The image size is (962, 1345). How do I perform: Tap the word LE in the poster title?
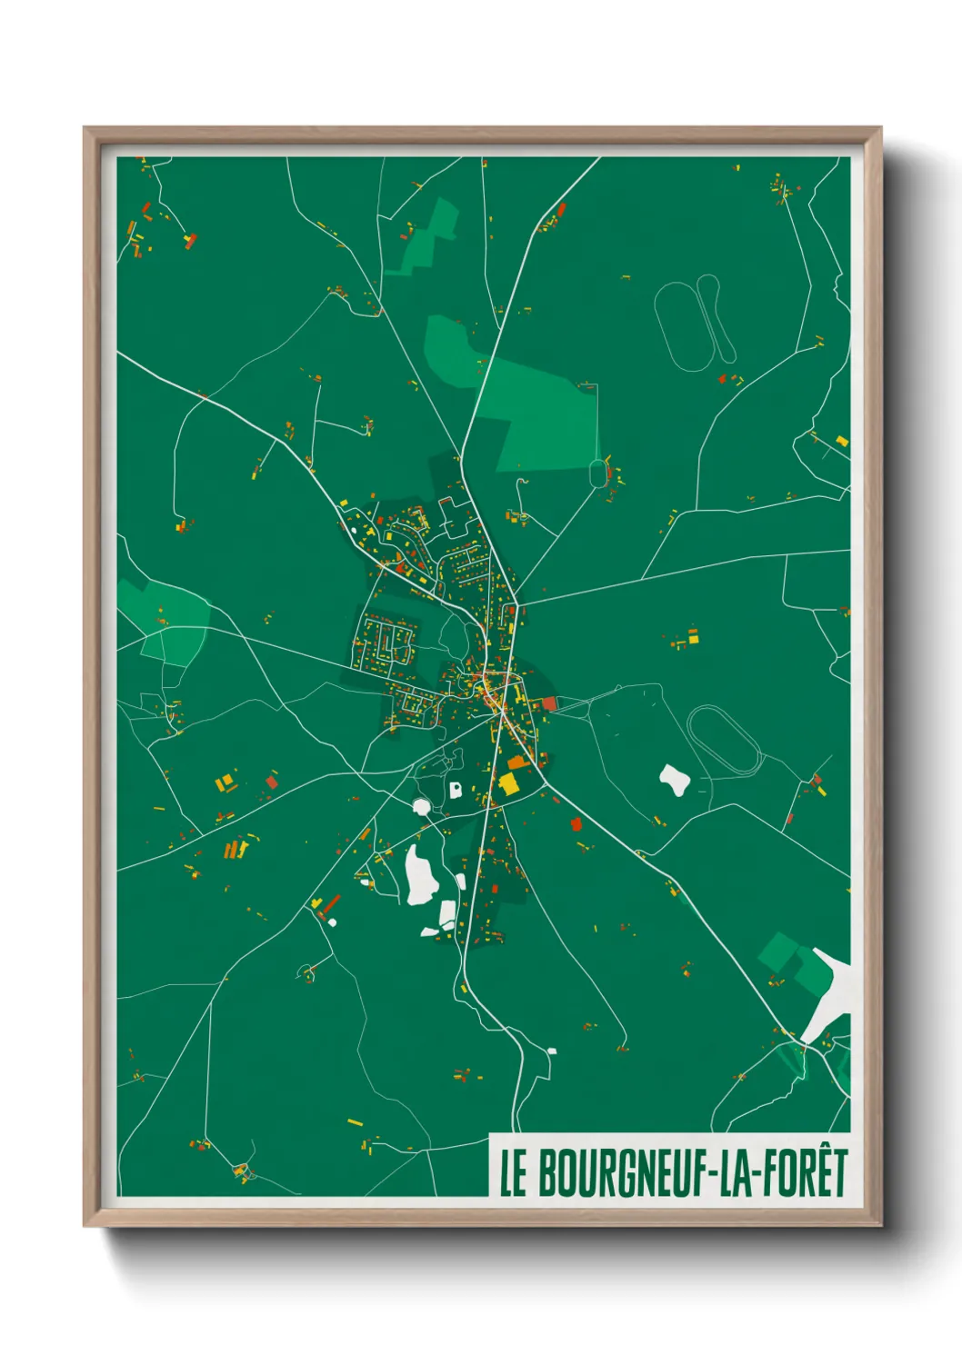pos(513,1173)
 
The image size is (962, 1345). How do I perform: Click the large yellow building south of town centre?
pos(507,783)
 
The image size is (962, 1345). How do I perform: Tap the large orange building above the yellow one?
pos(516,762)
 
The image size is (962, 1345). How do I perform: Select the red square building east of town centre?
pos(549,703)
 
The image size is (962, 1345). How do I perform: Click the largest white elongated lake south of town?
pos(420,874)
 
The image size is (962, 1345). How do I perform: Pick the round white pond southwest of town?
pos(421,806)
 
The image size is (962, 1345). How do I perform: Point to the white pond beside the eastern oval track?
pos(674,779)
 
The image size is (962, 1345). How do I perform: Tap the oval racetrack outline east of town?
pos(724,741)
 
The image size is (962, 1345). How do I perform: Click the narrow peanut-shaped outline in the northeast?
pos(715,316)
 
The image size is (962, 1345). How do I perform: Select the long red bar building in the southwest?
pos(332,903)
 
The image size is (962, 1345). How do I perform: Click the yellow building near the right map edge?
pos(842,441)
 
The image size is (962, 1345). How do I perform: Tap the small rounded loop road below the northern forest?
pos(597,473)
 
